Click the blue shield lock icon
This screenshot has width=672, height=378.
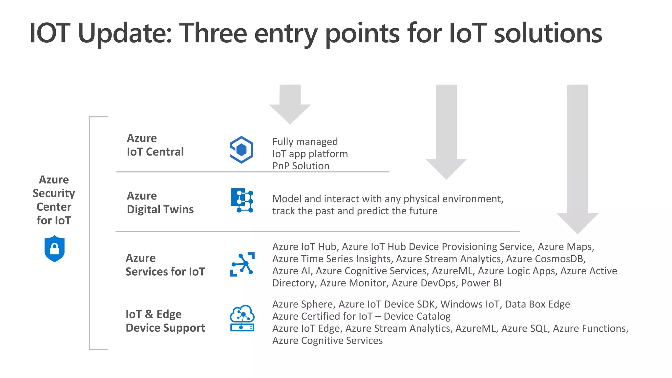54,249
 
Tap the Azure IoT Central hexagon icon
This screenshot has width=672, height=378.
241,150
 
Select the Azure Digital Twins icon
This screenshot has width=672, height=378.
242,200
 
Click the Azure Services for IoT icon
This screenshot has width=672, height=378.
242,264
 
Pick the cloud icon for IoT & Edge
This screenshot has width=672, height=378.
242,318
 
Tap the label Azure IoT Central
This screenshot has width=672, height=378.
155,145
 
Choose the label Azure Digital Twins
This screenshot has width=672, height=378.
160,202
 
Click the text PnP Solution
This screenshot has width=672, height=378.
301,166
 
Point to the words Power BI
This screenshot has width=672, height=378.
481,283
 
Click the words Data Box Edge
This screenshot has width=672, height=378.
537,304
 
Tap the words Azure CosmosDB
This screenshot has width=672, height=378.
545,259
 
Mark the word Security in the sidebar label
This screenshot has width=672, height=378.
54,193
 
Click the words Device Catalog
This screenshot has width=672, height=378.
417,316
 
